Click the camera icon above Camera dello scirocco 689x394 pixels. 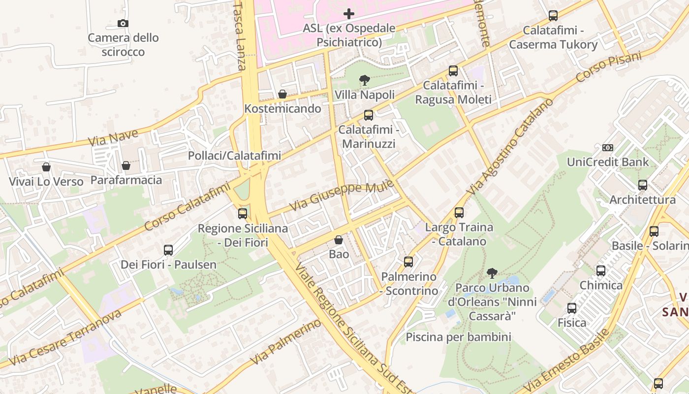[x=123, y=23]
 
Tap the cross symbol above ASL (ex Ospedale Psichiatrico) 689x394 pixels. [x=349, y=14]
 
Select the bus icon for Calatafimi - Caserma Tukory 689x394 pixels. [x=553, y=16]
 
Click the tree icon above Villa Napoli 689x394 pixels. [x=365, y=80]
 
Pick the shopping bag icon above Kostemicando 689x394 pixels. [x=282, y=94]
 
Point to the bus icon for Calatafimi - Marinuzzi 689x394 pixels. [x=369, y=115]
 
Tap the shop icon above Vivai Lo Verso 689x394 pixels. [x=46, y=167]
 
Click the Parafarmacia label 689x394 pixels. [x=126, y=180]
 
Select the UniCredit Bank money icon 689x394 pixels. [x=608, y=147]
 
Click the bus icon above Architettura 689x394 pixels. [x=643, y=185]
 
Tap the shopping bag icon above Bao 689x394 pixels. [x=339, y=240]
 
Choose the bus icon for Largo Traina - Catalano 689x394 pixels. [x=459, y=213]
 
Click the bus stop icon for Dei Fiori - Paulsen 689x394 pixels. [x=168, y=250]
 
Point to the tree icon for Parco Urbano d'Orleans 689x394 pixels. [x=492, y=273]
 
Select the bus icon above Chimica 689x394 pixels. [x=601, y=270]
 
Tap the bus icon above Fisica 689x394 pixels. [x=572, y=308]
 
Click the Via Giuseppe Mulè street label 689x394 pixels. [x=342, y=196]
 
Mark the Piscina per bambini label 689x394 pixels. [x=458, y=337]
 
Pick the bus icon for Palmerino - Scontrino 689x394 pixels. [x=408, y=262]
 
